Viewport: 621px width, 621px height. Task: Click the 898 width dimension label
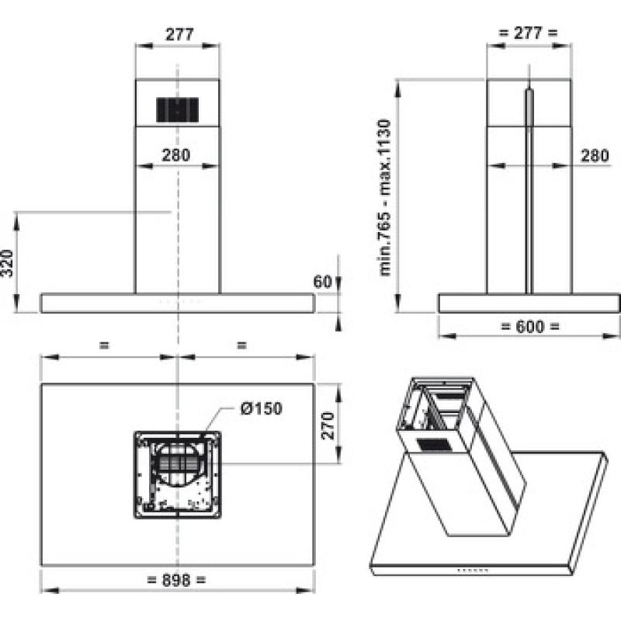pos(177,581)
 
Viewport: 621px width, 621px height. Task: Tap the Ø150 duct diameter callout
pos(262,408)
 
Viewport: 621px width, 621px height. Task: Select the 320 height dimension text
pos(8,263)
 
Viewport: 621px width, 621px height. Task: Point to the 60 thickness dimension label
pos(322,282)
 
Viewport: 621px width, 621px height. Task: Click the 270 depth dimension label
pos(328,425)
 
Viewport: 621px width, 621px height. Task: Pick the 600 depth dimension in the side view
pos(530,327)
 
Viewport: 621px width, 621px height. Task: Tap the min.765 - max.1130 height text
pos(384,198)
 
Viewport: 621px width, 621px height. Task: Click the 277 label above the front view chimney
pos(179,34)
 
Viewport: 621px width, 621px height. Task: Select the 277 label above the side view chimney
pos(528,33)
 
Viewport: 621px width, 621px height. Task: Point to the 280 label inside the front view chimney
pos(176,154)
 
